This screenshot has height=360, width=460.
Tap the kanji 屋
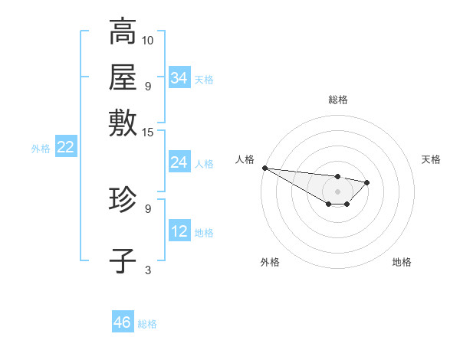(x=123, y=77)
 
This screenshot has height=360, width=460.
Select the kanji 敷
(x=123, y=123)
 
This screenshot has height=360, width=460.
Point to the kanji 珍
(x=123, y=201)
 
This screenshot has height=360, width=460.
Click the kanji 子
(x=123, y=260)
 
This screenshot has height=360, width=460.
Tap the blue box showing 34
(x=179, y=78)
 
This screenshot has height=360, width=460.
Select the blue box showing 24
(x=179, y=162)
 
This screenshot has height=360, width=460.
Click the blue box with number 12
(x=179, y=231)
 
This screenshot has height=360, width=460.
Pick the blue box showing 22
(x=65, y=148)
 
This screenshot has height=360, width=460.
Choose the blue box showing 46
(x=123, y=322)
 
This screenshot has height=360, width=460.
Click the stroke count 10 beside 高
(x=148, y=40)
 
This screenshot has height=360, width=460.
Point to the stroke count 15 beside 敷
(x=148, y=132)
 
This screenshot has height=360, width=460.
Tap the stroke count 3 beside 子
(x=148, y=270)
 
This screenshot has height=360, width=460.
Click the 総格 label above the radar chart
(x=338, y=100)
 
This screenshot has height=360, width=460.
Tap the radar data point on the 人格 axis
(x=264, y=168)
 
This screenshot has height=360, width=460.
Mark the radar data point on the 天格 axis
(x=367, y=182)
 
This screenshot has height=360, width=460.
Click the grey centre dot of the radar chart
(x=338, y=191)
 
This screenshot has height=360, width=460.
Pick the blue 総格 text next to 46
(x=147, y=324)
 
